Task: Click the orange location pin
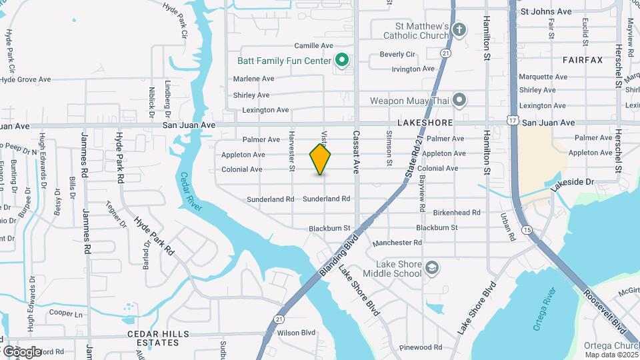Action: pyautogui.click(x=320, y=159)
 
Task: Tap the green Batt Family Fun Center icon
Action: pyautogui.click(x=342, y=61)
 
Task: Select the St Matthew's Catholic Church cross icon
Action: pyautogui.click(x=459, y=29)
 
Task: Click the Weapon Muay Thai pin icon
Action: pyautogui.click(x=459, y=101)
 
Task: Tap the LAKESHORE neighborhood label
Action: pyautogui.click(x=425, y=123)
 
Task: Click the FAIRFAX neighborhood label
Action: pyautogui.click(x=582, y=60)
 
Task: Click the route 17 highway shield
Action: pyautogui.click(x=512, y=119)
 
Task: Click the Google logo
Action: pyautogui.click(x=21, y=351)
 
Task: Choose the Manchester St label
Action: pyautogui.click(x=398, y=243)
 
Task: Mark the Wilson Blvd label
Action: pyautogui.click(x=296, y=332)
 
